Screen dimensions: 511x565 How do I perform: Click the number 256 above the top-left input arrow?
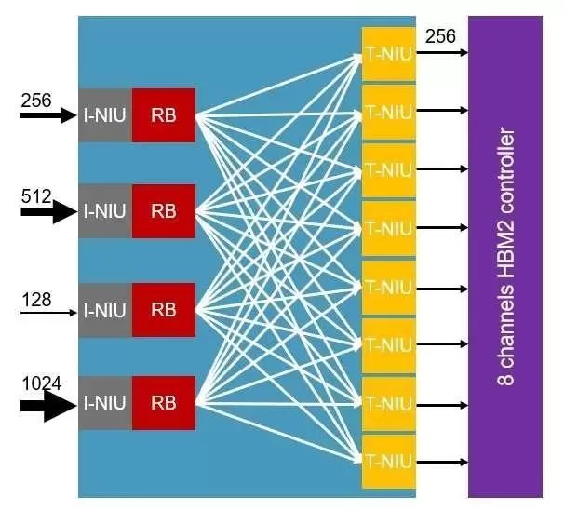tap(35, 98)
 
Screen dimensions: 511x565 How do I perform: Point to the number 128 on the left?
tap(35, 299)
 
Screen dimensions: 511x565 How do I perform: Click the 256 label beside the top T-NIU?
tap(440, 36)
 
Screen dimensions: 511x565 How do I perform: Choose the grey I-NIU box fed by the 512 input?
tap(105, 211)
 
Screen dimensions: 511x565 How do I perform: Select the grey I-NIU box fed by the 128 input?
tap(105, 310)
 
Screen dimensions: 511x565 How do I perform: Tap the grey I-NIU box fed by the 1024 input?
tap(105, 403)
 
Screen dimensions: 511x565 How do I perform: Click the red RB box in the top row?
tap(164, 115)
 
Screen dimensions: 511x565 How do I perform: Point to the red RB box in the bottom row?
tap(164, 403)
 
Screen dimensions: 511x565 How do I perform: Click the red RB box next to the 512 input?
tap(164, 211)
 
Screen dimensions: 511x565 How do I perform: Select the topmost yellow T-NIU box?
tap(388, 52)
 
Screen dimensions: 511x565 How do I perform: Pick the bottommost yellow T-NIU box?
tap(388, 461)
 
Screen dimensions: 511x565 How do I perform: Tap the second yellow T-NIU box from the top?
tap(388, 112)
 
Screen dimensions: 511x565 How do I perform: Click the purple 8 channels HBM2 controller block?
tap(505, 256)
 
